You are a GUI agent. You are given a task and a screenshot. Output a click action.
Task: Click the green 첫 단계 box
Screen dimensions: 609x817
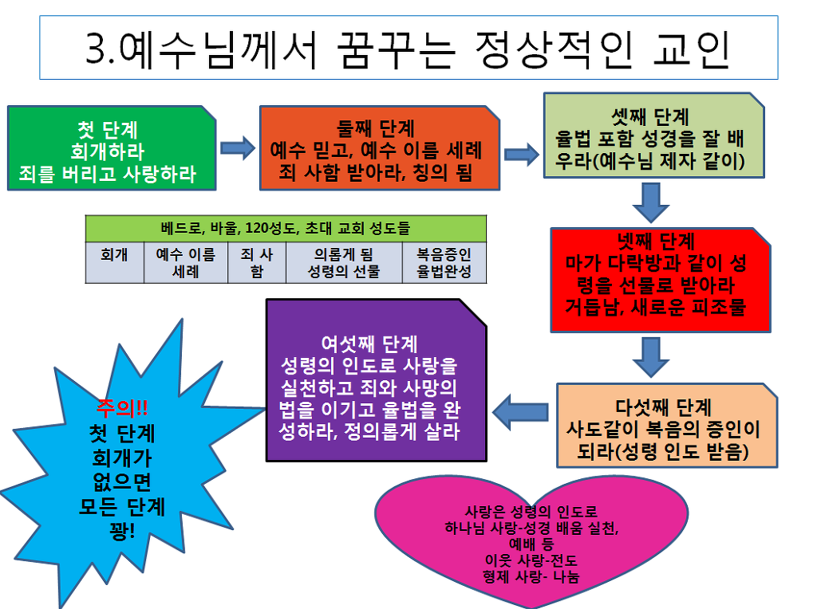pos(111,150)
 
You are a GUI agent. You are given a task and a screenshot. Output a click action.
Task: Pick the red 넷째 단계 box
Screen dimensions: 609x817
pos(660,279)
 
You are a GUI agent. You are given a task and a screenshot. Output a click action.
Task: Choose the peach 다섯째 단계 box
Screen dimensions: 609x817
pos(666,425)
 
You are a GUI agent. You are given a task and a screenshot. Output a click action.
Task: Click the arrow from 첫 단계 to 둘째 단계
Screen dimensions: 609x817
pos(237,147)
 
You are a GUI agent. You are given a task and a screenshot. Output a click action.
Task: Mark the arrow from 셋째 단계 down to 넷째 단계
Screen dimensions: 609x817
pos(651,203)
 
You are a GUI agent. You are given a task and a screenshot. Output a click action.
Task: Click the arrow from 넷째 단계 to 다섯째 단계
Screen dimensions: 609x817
pos(651,356)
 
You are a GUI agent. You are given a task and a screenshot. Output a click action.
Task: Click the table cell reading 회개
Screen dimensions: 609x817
pos(114,261)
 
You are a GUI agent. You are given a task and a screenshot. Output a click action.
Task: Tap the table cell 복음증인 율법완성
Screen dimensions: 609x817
pos(444,261)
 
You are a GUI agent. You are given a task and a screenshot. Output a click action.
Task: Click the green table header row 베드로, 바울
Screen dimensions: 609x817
pos(285,228)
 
